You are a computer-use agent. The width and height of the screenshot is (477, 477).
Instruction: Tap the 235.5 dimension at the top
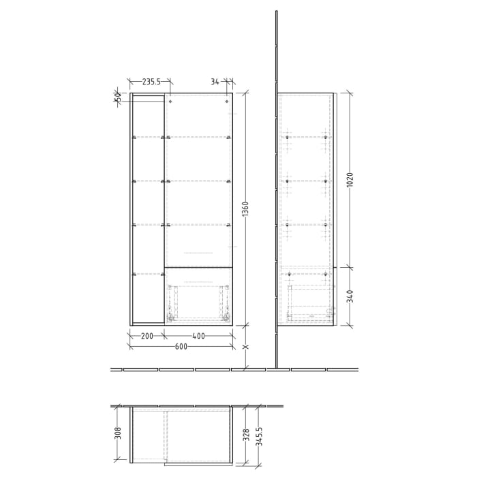coord(149,82)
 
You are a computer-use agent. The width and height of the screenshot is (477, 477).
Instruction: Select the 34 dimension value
coord(215,82)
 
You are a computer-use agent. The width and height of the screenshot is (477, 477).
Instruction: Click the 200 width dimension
coord(147,336)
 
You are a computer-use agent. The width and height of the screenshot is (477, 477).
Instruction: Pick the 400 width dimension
coord(198,336)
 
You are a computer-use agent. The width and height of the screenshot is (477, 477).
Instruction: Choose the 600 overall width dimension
coord(181,347)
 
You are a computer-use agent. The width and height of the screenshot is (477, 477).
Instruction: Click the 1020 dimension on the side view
coord(350,179)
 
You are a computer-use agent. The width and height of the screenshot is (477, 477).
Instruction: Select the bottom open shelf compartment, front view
coord(147,298)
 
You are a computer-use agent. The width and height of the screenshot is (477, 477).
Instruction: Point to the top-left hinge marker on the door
coord(170,102)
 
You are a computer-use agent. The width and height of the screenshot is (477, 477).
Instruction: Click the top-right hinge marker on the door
coord(226,102)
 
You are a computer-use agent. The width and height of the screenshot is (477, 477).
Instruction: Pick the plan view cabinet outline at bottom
coord(181,436)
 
